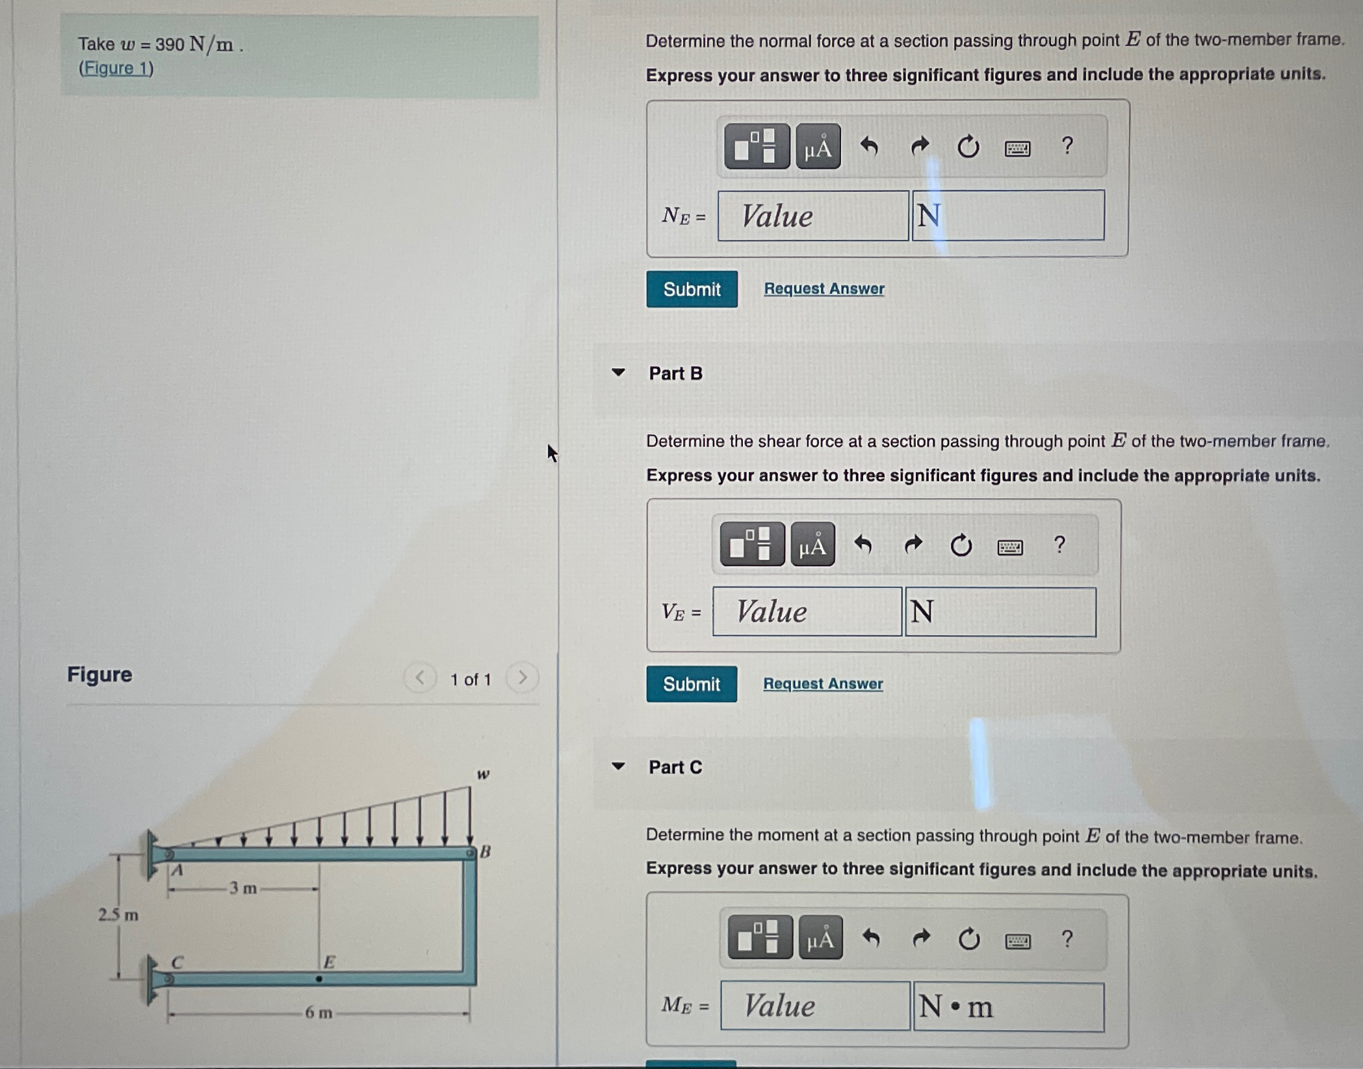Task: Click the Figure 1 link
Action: [116, 68]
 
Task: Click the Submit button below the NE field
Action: [691, 289]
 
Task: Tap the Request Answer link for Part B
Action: [822, 683]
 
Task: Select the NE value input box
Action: [812, 216]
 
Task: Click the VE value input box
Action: [807, 611]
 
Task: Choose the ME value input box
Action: [814, 1006]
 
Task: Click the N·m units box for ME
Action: [1008, 1007]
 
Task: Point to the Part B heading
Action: [675, 373]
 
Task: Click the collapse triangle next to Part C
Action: [618, 766]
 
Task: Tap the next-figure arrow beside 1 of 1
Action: [522, 678]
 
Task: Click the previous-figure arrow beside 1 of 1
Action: [420, 678]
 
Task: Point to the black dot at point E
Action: [318, 979]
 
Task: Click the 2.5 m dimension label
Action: [118, 915]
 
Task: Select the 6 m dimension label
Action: [318, 1012]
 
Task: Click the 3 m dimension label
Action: [243, 888]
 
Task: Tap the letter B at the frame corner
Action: [485, 851]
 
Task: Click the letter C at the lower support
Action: [177, 962]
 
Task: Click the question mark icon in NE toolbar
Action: [1067, 146]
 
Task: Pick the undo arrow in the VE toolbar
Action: [863, 544]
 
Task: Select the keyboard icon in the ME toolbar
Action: [1017, 940]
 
